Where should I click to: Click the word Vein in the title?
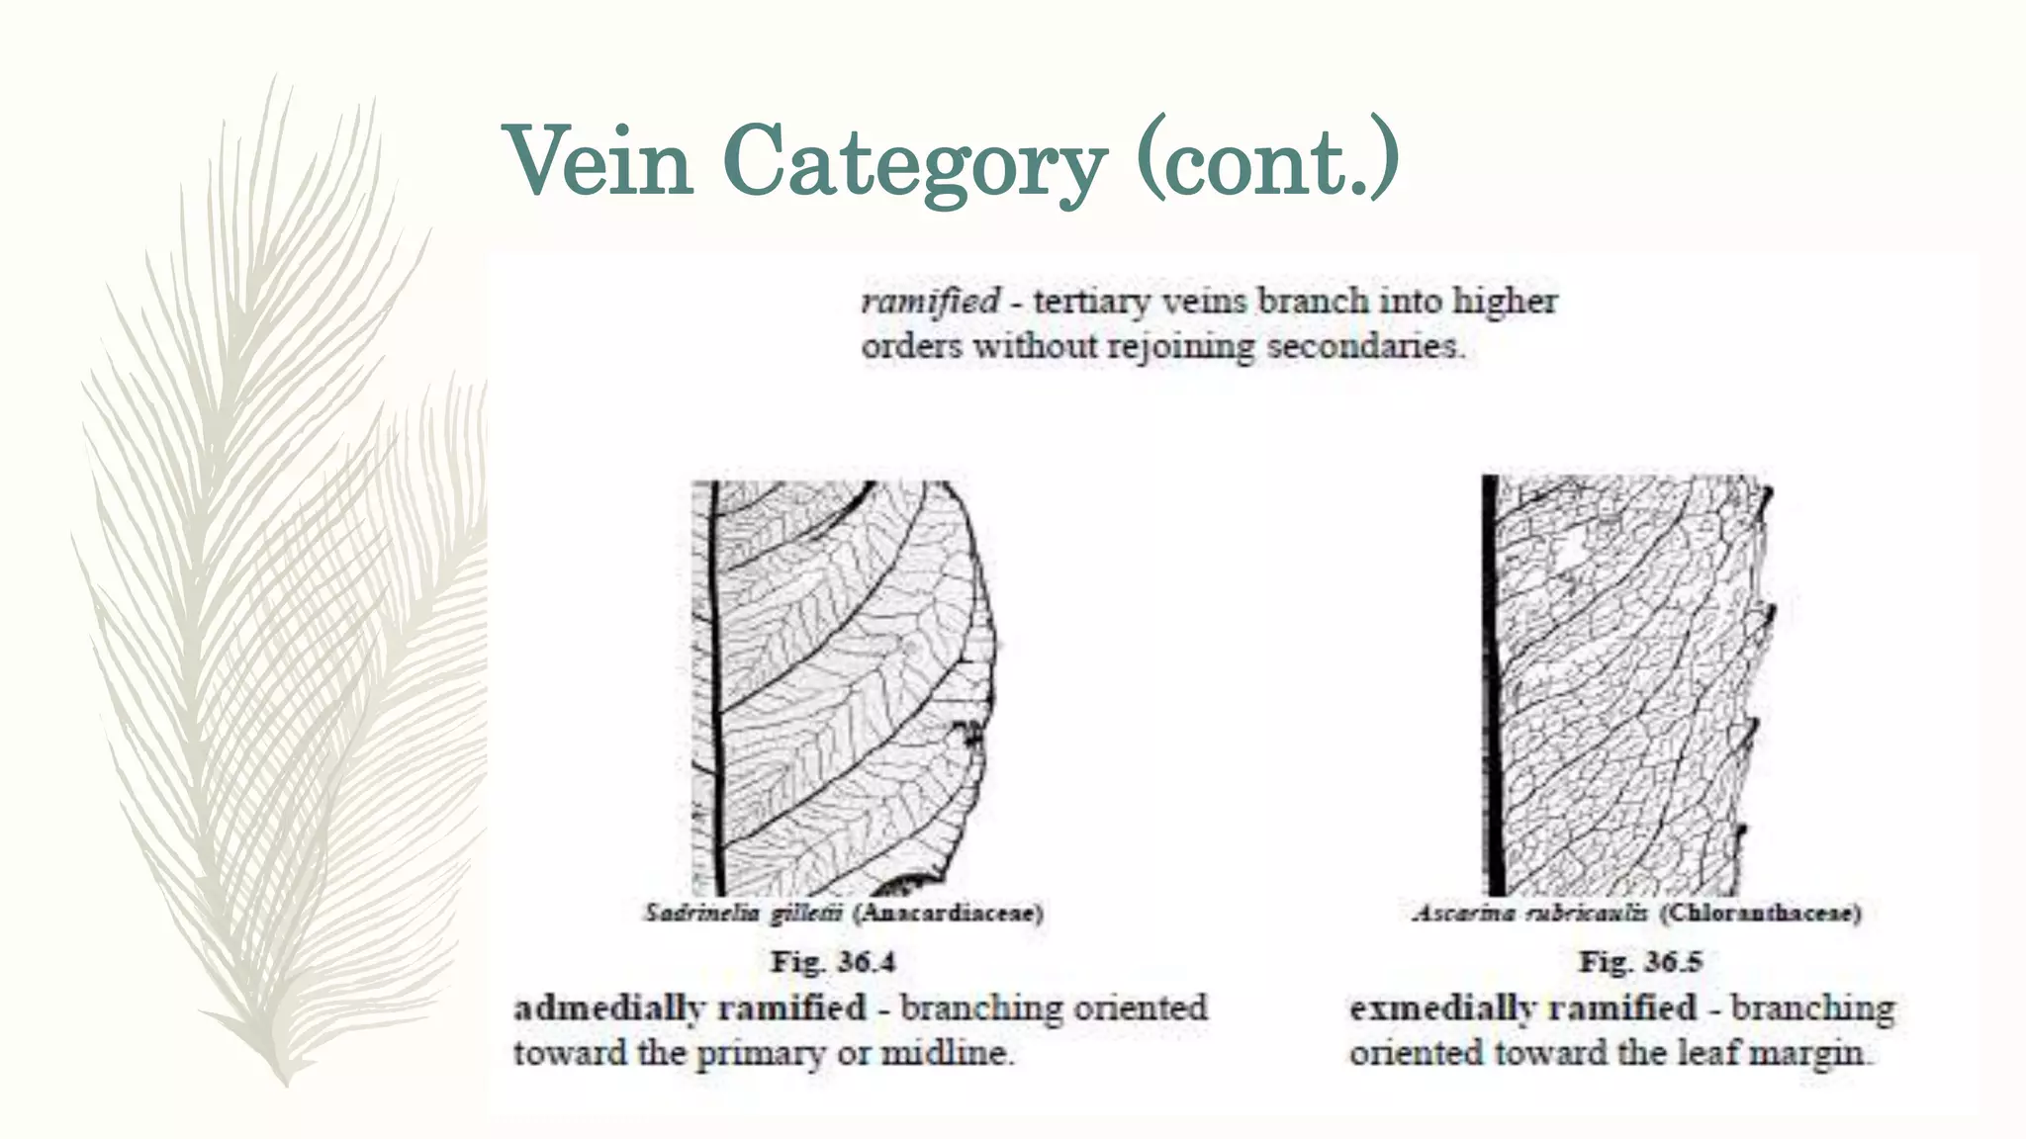tap(599, 161)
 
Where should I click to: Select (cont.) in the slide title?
tap(1267, 161)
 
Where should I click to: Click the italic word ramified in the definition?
tap(930, 301)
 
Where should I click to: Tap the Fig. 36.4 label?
tap(832, 961)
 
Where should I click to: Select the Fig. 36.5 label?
tap(1640, 961)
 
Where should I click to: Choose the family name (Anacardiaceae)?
tap(948, 913)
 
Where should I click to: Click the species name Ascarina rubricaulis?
tap(1529, 913)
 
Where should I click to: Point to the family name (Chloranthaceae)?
tap(1760, 913)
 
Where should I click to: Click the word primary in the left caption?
tap(760, 1054)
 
